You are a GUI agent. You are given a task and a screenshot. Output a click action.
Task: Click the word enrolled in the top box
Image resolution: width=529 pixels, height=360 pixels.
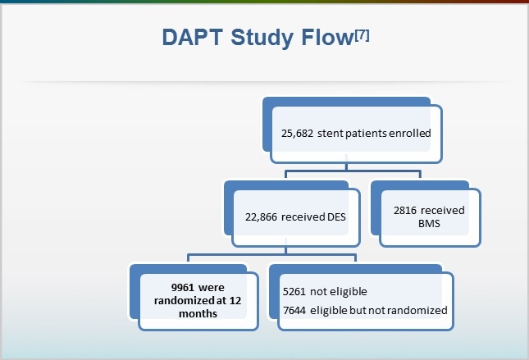tap(404, 133)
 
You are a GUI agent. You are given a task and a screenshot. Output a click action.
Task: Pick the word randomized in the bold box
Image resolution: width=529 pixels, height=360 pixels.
tap(177, 300)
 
